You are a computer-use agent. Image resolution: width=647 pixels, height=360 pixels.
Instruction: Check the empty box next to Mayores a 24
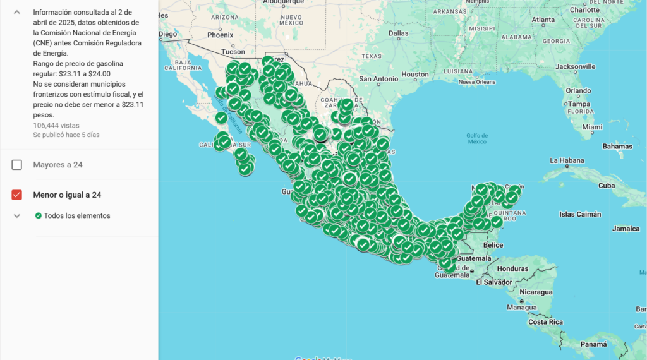point(17,165)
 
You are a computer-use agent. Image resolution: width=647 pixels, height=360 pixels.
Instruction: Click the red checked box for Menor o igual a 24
point(17,195)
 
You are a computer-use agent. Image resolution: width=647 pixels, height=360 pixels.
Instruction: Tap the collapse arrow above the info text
point(17,12)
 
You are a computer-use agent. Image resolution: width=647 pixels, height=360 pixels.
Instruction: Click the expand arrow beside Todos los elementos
point(17,215)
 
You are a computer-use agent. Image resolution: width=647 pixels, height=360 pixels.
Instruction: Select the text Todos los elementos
point(77,216)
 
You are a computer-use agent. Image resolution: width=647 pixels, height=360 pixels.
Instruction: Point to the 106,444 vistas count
point(56,125)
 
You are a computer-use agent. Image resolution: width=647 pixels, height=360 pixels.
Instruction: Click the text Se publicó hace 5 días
point(66,135)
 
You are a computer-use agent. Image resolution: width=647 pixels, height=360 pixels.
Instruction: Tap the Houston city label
point(415,75)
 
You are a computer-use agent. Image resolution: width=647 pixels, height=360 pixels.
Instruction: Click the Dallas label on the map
point(399,33)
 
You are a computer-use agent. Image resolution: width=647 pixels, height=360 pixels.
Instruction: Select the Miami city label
point(593,127)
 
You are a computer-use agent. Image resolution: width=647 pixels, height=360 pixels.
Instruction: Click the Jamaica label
point(626,229)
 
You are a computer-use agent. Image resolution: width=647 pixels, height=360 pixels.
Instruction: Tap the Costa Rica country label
point(546,322)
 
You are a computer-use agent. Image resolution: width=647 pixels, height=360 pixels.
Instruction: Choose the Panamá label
point(594,344)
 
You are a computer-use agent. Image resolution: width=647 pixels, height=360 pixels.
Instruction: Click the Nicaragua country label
point(536,292)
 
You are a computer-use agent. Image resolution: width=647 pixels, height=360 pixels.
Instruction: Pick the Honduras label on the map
point(512,268)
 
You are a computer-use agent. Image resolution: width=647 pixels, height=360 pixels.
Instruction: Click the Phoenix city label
point(221,35)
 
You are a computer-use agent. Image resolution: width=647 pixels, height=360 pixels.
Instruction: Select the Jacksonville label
point(576,66)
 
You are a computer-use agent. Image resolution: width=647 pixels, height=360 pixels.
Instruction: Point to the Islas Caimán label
point(581,215)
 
